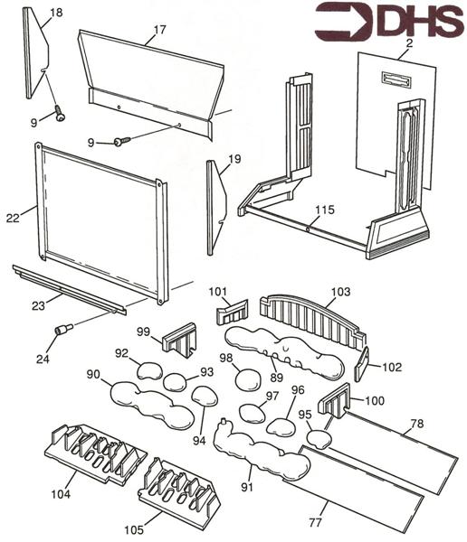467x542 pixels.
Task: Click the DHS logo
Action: [388, 22]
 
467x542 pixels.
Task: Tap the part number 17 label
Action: [159, 29]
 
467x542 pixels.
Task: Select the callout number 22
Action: [12, 218]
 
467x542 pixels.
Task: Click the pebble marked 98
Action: [247, 379]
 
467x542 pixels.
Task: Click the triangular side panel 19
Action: [215, 207]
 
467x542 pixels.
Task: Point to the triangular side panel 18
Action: [37, 55]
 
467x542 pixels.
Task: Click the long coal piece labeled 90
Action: [149, 404]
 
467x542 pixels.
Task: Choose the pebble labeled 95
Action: [319, 438]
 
